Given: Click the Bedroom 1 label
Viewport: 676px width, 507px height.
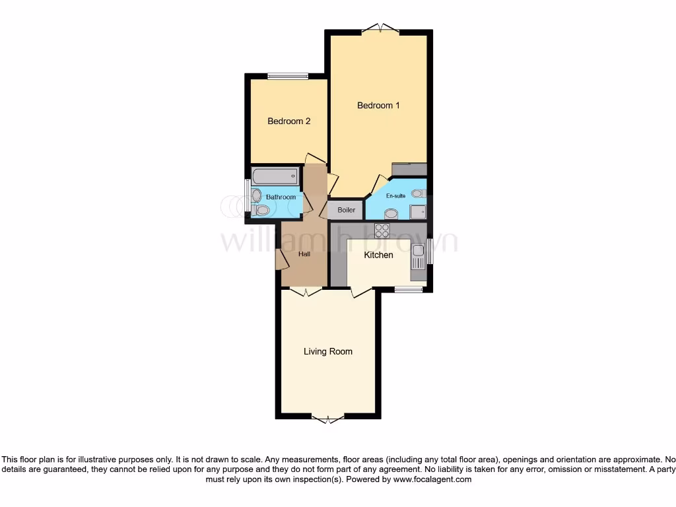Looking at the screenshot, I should pos(378,106).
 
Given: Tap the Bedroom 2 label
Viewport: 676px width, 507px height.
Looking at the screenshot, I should pos(288,121).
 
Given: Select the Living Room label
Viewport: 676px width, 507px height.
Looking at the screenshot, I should pos(327,352).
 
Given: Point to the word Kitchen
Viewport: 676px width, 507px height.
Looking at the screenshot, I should pos(378,255).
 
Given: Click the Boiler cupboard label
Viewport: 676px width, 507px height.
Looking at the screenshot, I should pos(347,210).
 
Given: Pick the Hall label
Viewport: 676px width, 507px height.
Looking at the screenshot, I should pos(304,254).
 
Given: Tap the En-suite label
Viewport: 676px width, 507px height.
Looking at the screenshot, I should pos(395,196).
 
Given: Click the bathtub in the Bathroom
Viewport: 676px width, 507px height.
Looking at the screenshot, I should pos(275,176).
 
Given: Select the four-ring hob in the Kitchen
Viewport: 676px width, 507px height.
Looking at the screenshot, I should pos(382,230).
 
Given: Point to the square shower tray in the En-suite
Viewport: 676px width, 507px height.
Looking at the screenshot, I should pos(417,211).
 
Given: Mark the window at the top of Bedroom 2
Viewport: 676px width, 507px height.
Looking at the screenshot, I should pos(288,76).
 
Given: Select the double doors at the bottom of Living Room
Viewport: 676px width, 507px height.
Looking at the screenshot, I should pos(327,419).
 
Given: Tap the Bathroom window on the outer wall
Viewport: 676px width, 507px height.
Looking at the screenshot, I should pos(247,195).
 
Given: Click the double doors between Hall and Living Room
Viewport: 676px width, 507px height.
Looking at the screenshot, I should pos(306,291).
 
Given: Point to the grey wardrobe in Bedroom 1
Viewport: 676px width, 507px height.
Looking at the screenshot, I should pos(409,169).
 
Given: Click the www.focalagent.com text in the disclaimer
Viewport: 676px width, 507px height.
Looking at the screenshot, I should pos(432,480).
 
